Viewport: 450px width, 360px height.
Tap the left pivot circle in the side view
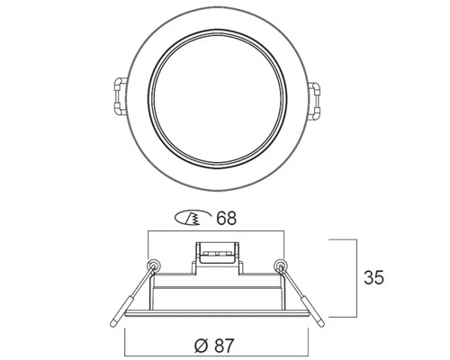click(154, 265)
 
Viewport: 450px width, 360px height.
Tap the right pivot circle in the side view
click(280, 265)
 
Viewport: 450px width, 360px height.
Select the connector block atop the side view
click(216, 252)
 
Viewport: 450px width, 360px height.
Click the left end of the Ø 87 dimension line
click(123, 330)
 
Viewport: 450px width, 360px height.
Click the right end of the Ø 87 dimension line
click(311, 330)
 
